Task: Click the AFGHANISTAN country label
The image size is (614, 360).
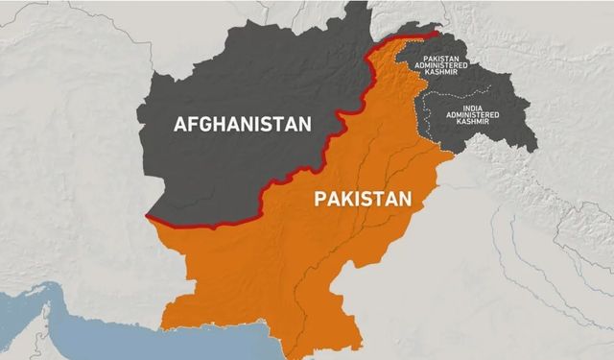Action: coord(244,124)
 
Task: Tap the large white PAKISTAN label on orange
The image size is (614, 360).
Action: coord(363,201)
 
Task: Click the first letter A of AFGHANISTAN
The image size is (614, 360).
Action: coord(181,124)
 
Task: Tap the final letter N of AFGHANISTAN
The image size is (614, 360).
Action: coord(306,124)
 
